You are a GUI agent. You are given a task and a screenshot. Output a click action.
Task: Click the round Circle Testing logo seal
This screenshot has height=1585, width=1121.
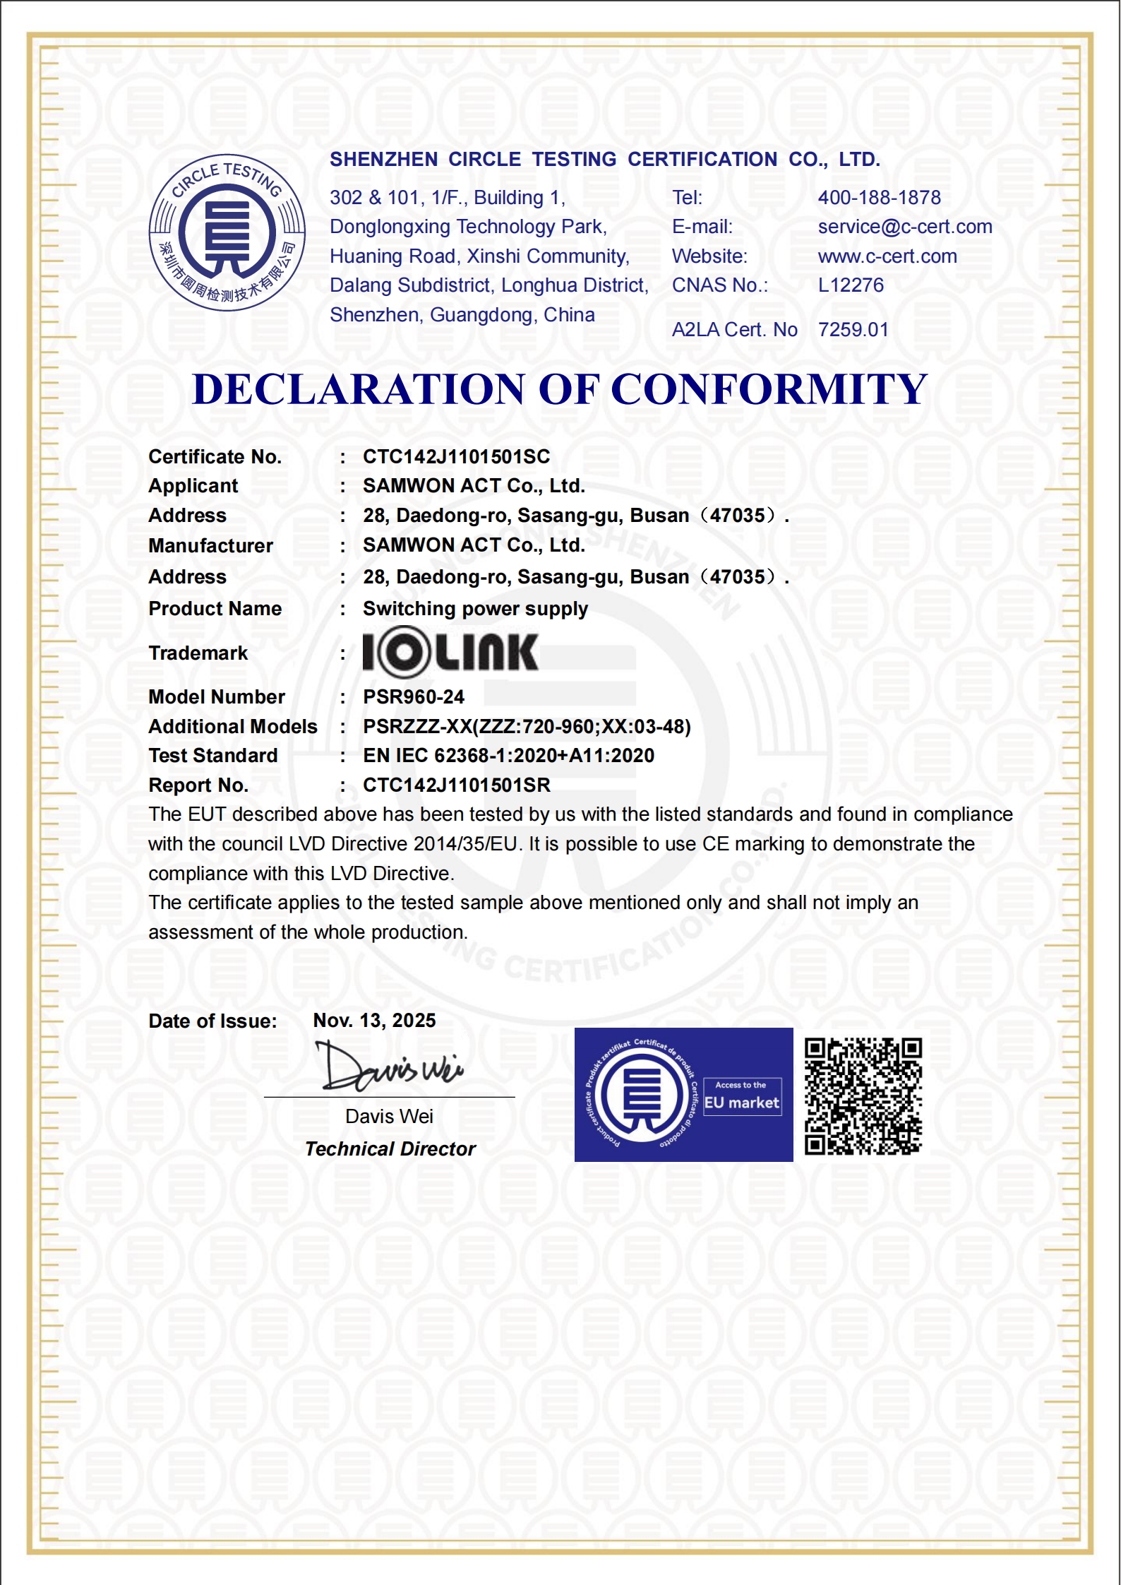pyautogui.click(x=227, y=232)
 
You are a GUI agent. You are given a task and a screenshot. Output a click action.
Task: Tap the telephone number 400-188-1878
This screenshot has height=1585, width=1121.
pyautogui.click(x=879, y=198)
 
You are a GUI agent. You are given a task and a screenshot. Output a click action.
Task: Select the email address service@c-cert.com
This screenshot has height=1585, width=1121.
pyautogui.click(x=904, y=227)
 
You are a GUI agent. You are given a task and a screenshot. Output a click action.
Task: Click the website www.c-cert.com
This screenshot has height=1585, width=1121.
pyautogui.click(x=887, y=256)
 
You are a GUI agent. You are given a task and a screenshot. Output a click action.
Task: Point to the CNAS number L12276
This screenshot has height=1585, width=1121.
pyautogui.click(x=851, y=285)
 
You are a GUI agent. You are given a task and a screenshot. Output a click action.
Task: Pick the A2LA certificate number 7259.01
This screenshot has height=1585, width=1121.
pyautogui.click(x=853, y=330)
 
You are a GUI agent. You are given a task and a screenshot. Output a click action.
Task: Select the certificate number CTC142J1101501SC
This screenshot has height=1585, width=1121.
pyautogui.click(x=456, y=457)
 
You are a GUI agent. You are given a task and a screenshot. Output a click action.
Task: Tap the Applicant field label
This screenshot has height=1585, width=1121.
pyautogui.click(x=193, y=486)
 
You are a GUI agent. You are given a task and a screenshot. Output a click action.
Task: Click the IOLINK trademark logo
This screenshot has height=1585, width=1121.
pyautogui.click(x=450, y=652)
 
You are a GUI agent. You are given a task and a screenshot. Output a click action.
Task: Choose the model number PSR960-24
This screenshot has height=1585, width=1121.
pyautogui.click(x=414, y=697)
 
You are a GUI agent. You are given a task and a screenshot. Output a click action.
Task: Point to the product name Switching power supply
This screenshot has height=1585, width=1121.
pyautogui.click(x=475, y=609)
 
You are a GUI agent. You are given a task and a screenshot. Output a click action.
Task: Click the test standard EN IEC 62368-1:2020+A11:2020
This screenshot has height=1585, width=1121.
pyautogui.click(x=508, y=756)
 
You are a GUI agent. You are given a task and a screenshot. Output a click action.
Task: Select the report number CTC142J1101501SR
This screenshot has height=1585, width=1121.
pyautogui.click(x=456, y=785)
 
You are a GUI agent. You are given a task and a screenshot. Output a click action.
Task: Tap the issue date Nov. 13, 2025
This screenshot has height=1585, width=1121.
pyautogui.click(x=374, y=1021)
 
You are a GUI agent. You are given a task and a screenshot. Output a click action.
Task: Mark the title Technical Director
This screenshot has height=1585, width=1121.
pyautogui.click(x=390, y=1149)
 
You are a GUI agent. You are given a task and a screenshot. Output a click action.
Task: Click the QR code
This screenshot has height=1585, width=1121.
pyautogui.click(x=863, y=1096)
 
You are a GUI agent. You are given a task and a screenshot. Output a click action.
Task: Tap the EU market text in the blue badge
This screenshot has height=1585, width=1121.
pyautogui.click(x=741, y=1103)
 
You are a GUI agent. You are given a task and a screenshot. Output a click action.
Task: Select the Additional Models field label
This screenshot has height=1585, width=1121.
pyautogui.click(x=233, y=727)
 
